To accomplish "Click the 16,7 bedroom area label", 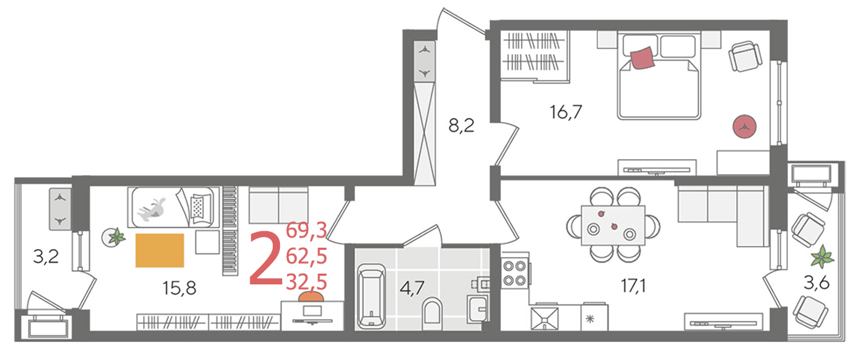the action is [x=566, y=112].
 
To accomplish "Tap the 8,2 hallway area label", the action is [x=461, y=127].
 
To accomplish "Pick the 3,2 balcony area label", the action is [x=46, y=257].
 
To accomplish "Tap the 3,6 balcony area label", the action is [x=817, y=285].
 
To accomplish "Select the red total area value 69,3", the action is [x=306, y=231].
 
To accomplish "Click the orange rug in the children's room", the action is [x=160, y=251].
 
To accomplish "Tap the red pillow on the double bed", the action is [x=642, y=58].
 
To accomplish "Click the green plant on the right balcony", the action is [x=823, y=256].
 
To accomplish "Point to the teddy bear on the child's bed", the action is [x=153, y=209].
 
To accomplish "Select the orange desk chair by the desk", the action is [x=310, y=297].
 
